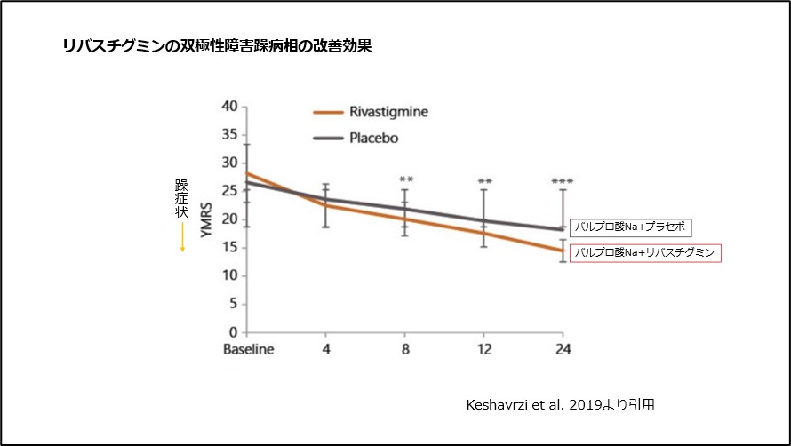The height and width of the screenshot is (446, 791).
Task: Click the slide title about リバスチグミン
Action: [x=216, y=47]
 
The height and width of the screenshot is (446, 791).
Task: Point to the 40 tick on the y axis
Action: [x=229, y=107]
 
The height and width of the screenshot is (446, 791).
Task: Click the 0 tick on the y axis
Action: [x=234, y=332]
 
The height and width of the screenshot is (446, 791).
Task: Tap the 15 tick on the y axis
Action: [x=229, y=248]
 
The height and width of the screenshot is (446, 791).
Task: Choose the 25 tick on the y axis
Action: [x=229, y=191]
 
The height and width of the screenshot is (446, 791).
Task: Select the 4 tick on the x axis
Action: [x=326, y=349]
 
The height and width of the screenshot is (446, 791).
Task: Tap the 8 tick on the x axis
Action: [x=405, y=349]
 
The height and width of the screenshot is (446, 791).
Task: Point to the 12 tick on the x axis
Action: [x=484, y=349]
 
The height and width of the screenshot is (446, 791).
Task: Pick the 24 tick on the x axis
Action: [x=562, y=349]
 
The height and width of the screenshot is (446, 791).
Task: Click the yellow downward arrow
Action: [x=181, y=235]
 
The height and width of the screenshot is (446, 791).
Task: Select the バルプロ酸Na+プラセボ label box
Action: [x=630, y=227]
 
